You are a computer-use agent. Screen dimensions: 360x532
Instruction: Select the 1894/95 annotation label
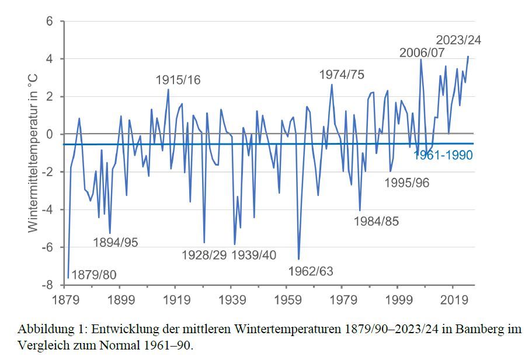click(116, 242)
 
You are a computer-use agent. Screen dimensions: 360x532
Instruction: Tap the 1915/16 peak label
click(178, 81)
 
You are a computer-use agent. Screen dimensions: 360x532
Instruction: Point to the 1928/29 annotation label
click(204, 255)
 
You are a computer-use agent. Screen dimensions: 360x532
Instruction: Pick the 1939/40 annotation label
click(255, 255)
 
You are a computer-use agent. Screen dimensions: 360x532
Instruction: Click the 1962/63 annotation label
click(311, 271)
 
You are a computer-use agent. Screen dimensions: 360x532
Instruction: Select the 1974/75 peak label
click(342, 75)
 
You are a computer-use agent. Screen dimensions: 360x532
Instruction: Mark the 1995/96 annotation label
click(407, 183)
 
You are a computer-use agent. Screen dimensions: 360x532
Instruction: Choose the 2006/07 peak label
click(422, 53)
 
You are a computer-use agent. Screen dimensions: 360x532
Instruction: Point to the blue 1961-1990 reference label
click(443, 155)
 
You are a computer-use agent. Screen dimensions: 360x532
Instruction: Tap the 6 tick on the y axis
click(50, 22)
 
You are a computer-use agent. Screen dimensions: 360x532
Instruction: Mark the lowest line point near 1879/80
click(68, 277)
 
